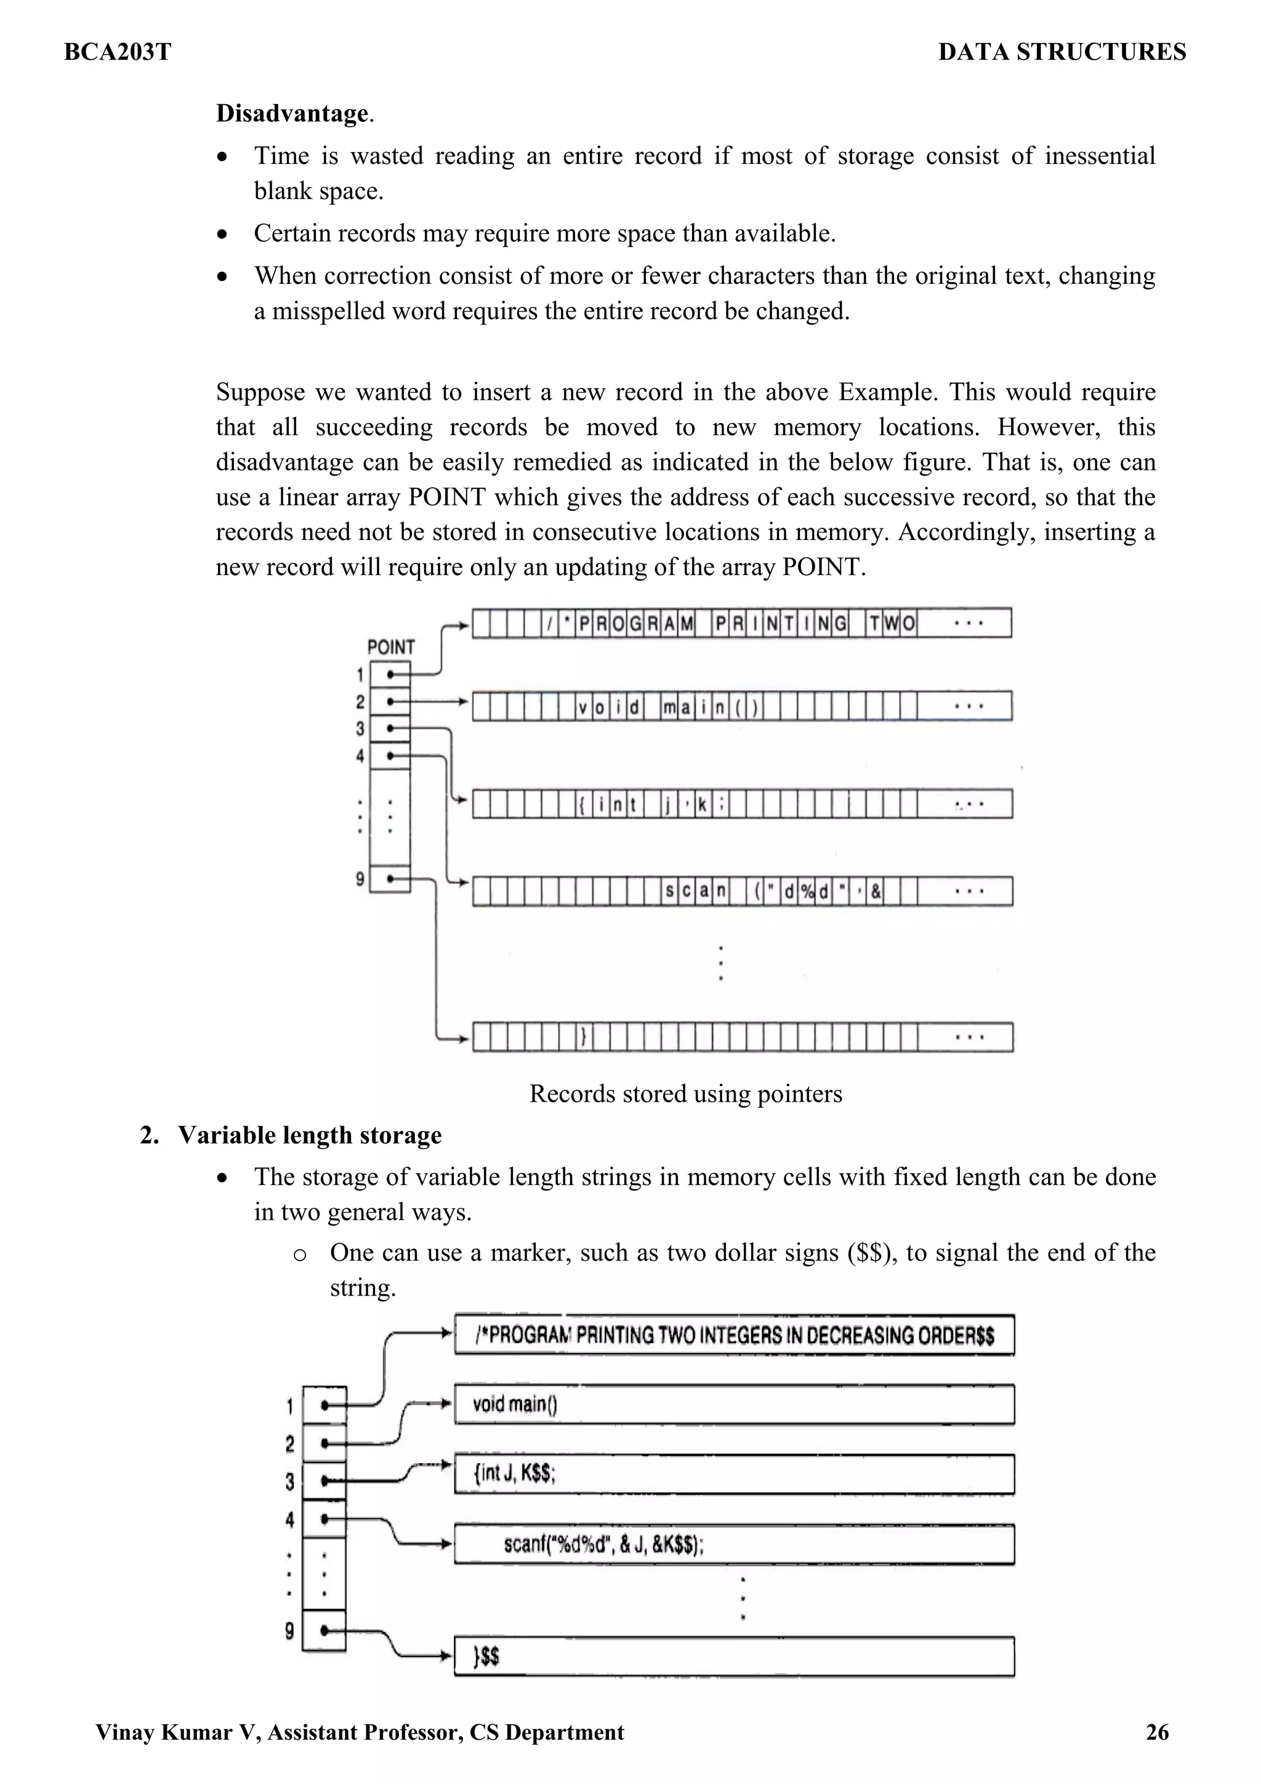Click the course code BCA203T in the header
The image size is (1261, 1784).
[118, 52]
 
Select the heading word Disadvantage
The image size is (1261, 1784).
[292, 113]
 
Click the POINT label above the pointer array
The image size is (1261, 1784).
[391, 647]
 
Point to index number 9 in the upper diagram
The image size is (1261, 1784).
[360, 879]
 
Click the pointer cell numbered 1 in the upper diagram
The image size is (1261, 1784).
[390, 674]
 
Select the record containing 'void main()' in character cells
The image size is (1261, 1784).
[742, 706]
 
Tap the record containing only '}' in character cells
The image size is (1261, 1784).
[742, 1036]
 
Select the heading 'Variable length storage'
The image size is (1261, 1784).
[309, 1135]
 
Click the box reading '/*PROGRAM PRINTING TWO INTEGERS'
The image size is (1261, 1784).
[734, 1335]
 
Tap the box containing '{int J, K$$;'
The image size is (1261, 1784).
[734, 1474]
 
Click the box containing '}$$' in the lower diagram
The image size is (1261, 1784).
[734, 1657]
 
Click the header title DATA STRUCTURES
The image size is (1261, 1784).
[1062, 52]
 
